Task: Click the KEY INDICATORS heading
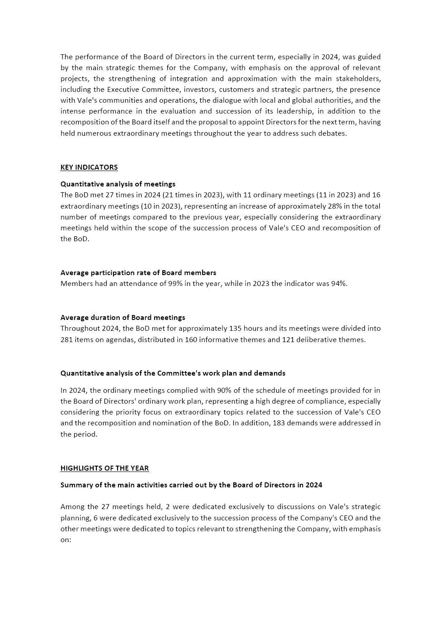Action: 89,167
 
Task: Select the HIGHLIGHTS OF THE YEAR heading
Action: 104,468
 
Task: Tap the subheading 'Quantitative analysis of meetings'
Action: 118,184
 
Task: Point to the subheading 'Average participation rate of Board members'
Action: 138,273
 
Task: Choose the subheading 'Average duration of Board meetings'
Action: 123,318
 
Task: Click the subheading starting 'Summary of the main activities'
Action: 191,485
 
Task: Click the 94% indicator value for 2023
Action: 340,284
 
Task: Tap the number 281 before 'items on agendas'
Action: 67,340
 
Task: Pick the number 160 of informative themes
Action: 191,340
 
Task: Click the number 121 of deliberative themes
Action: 289,340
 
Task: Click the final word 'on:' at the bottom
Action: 66,540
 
